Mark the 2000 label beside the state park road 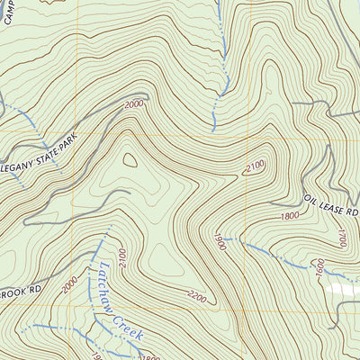(134, 104)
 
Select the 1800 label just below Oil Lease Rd (289, 217)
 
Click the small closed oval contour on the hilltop (131, 160)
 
